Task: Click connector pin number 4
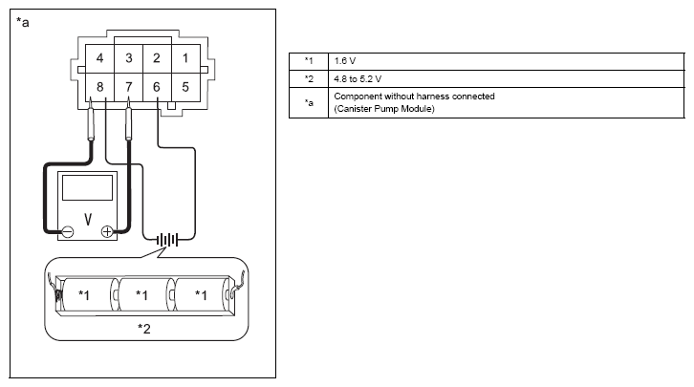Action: pos(100,58)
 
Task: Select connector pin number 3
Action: pos(129,58)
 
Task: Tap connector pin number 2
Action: pos(157,58)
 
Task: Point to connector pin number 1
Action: pos(185,58)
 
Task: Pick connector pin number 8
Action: pos(100,87)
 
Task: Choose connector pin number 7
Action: pos(129,87)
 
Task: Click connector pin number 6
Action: pos(157,87)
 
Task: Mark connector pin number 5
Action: pos(185,87)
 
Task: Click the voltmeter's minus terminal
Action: pos(68,231)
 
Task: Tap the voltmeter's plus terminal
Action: pos(107,231)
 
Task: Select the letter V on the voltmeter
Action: pos(88,219)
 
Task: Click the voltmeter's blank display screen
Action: pos(87,187)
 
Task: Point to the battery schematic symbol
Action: pos(167,240)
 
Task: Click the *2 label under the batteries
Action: pos(144,329)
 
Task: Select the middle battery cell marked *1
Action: pos(142,294)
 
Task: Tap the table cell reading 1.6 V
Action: pos(507,61)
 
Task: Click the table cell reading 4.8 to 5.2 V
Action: pos(507,79)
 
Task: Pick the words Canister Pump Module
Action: pos(384,109)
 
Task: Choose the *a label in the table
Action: pos(309,102)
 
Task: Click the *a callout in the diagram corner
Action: pos(23,22)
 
